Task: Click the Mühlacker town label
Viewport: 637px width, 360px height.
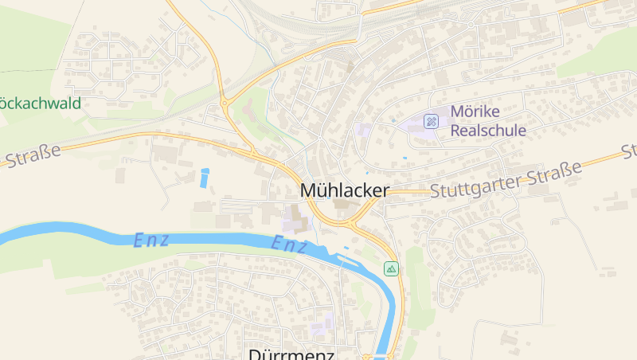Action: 345,191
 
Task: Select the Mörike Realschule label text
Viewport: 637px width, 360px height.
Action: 487,120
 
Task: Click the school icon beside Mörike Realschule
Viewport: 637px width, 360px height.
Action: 432,121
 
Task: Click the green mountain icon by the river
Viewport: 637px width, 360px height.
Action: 391,268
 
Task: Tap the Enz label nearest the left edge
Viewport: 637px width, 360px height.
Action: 151,240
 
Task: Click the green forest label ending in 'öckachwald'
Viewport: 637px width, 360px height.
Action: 40,103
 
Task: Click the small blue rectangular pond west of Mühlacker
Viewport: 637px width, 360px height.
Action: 205,178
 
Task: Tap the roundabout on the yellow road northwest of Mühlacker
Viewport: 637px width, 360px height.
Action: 225,102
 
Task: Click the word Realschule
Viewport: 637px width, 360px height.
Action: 487,130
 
